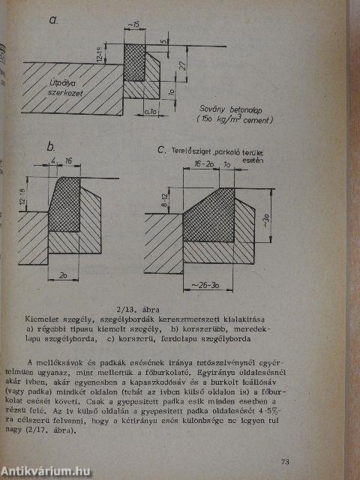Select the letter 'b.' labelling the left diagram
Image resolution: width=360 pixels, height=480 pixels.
click(52, 148)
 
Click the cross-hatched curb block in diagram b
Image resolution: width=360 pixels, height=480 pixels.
click(66, 205)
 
